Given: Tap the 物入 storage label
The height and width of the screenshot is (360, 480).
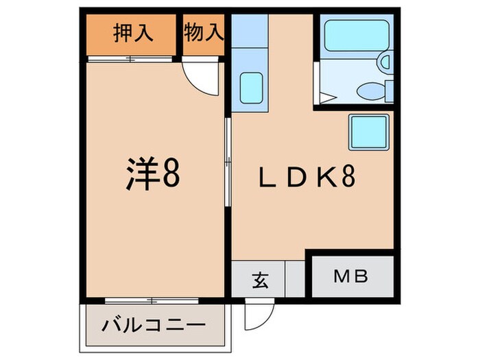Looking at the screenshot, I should point(204,32).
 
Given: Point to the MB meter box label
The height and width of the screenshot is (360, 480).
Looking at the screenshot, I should point(352,277).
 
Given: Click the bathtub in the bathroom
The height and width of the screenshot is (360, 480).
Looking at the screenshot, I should point(351,34).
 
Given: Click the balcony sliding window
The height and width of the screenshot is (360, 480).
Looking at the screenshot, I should point(153,300).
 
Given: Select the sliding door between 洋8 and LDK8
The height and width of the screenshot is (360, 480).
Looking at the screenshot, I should point(228,162).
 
